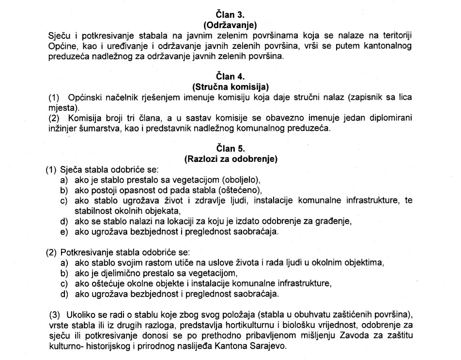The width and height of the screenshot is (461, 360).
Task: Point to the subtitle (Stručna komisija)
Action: click(230, 87)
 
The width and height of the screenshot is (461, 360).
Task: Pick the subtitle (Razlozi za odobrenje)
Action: click(230, 158)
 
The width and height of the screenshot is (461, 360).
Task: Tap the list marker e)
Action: click(63, 232)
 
